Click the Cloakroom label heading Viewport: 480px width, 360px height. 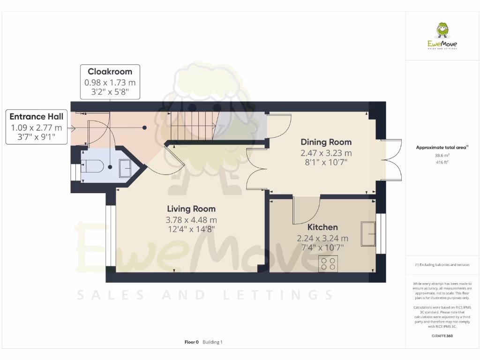pyautogui.click(x=110, y=72)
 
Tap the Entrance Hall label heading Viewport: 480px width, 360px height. pyautogui.click(x=36, y=117)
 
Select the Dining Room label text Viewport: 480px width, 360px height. pyautogui.click(x=326, y=142)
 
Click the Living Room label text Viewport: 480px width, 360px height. pyautogui.click(x=191, y=209)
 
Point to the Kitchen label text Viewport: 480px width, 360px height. pyautogui.click(x=322, y=227)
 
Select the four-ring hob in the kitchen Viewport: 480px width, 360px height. pyautogui.click(x=328, y=264)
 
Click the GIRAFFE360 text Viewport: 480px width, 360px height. pyautogui.click(x=442, y=336)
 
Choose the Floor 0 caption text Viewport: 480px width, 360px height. pyautogui.click(x=192, y=342)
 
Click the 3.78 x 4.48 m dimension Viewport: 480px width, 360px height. pyautogui.click(x=191, y=220)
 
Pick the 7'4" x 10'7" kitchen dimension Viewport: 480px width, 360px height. pyautogui.click(x=322, y=247)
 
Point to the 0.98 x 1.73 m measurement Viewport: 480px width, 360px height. pyautogui.click(x=110, y=82)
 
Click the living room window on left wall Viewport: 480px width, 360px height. pyautogui.click(x=110, y=240)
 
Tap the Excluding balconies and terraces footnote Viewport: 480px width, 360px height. pyautogui.click(x=442, y=265)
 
